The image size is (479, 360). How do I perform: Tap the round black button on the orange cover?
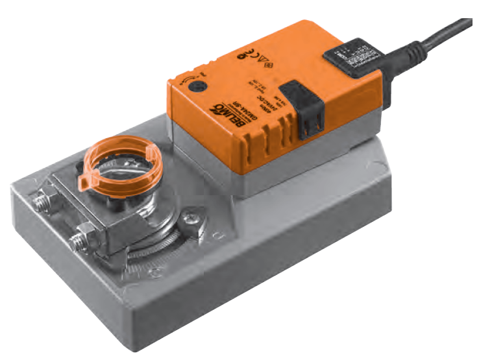click(x=191, y=85)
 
